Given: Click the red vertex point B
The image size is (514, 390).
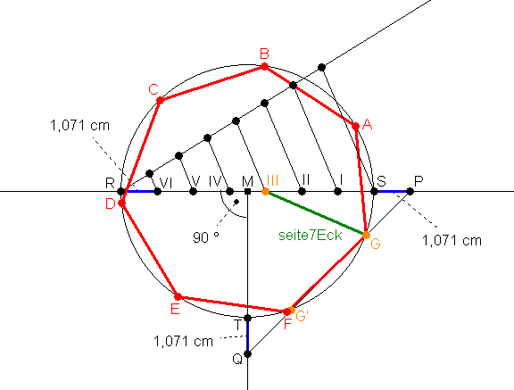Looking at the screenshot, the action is (264, 67).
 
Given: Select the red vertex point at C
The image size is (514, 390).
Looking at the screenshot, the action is (160, 100).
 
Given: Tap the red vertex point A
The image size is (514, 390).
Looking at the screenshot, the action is (356, 126).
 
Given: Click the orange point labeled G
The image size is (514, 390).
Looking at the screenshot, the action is (366, 235).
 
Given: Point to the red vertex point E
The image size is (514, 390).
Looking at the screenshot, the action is (178, 297).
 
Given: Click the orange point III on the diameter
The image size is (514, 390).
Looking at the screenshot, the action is (266, 191).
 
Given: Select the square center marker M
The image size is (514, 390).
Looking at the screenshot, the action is (248, 191).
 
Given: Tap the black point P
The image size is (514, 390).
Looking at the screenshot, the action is (410, 191).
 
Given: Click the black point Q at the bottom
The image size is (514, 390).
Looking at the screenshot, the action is (248, 354).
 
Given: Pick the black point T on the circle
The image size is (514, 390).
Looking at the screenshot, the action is (248, 318).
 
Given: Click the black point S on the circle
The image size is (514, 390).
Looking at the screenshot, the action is (374, 191).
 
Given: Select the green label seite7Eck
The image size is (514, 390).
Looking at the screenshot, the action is (311, 236).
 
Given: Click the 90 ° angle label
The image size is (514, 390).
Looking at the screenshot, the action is (206, 237).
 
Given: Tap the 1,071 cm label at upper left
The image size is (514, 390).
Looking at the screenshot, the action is (79, 126).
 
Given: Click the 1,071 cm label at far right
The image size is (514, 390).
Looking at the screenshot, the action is (452, 241).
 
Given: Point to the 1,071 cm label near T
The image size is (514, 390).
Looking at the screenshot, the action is (183, 342).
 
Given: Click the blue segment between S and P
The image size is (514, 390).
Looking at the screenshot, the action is (392, 191).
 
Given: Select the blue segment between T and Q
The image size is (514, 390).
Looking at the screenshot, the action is (248, 336).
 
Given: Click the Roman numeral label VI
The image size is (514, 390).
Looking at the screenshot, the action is (166, 183).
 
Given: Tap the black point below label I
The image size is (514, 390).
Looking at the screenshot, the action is (337, 191).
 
